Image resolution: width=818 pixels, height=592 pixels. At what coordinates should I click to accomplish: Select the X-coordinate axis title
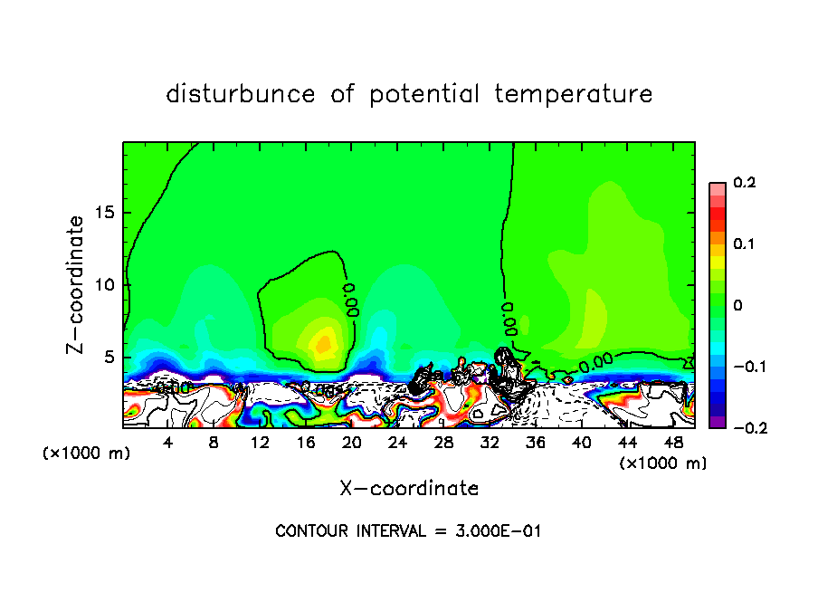coord(409,489)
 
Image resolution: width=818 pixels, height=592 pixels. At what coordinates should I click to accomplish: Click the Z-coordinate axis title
coord(78,284)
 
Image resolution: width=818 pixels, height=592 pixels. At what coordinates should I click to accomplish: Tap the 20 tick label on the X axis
coord(351,443)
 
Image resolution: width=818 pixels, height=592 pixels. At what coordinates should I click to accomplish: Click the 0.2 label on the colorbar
coord(744,183)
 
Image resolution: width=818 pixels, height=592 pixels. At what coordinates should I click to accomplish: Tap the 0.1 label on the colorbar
coord(744,244)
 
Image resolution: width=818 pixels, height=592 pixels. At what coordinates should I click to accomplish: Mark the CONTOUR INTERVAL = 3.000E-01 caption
coord(408,531)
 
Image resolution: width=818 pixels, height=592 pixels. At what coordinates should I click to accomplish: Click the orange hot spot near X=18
coord(323,344)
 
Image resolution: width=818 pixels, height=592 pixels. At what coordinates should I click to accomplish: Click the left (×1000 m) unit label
coord(87,454)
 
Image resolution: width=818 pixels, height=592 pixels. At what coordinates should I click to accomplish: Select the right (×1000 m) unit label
coord(663,463)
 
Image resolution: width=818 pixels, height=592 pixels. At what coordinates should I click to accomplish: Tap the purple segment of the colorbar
coord(717,422)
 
